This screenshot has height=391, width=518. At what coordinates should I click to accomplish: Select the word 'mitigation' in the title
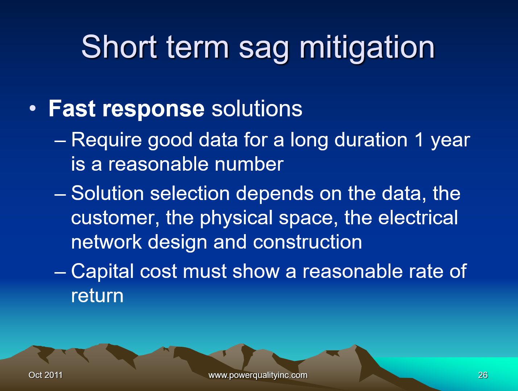367,47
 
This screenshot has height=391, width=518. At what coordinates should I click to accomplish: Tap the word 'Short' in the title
119,46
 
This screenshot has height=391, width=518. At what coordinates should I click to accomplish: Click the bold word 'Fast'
72,108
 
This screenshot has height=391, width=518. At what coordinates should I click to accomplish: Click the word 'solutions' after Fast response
257,108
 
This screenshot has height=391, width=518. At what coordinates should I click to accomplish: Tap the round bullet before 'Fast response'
33,108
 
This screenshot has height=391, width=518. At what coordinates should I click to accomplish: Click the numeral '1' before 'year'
419,140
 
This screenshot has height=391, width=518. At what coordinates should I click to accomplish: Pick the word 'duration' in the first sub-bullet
371,140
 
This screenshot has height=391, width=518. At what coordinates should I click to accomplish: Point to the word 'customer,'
115,218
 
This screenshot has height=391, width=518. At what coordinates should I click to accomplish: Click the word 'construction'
307,242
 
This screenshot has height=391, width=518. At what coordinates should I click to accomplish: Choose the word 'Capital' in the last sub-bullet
103,272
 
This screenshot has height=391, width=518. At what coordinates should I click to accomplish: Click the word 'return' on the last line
97,296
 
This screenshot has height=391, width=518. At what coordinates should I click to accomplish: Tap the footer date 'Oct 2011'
46,375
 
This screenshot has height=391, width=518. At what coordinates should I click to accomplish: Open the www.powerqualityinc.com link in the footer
258,375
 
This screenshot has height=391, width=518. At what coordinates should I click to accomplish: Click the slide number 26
483,375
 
